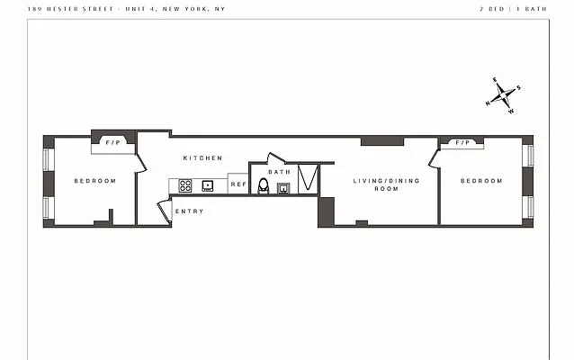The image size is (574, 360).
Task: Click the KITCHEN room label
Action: coord(202,158)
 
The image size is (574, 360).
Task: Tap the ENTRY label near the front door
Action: coord(189,211)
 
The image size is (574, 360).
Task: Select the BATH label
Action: coord(280,172)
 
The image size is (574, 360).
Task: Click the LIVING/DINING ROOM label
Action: coord(375,185)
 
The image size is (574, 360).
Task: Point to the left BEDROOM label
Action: coord(94,181)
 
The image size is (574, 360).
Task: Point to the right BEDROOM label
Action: coord(481,181)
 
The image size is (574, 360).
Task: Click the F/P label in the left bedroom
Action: coord(113,143)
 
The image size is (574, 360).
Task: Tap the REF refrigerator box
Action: coord(238,184)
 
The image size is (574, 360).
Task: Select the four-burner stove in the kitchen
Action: coord(185,185)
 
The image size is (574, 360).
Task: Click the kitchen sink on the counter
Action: coord(208,185)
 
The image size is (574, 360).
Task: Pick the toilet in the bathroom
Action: coord(264,186)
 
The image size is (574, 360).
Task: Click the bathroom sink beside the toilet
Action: coord(283,188)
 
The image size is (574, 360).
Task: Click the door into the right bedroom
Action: coord(435,157)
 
